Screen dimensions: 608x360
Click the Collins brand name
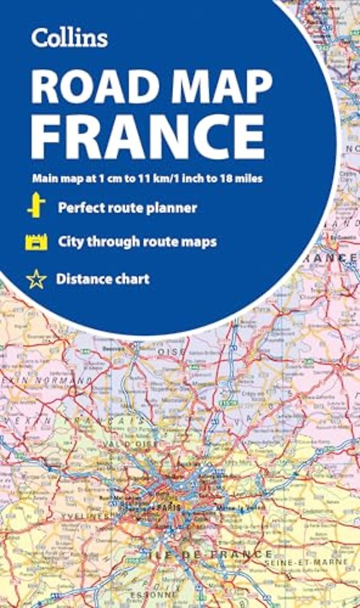(70, 37)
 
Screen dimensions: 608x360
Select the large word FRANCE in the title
(147, 137)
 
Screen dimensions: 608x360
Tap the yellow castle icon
(36, 242)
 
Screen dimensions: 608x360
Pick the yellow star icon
(36, 279)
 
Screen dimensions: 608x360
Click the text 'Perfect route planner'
(127, 208)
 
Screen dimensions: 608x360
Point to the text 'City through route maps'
(138, 242)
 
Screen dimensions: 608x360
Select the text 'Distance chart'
(103, 279)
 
